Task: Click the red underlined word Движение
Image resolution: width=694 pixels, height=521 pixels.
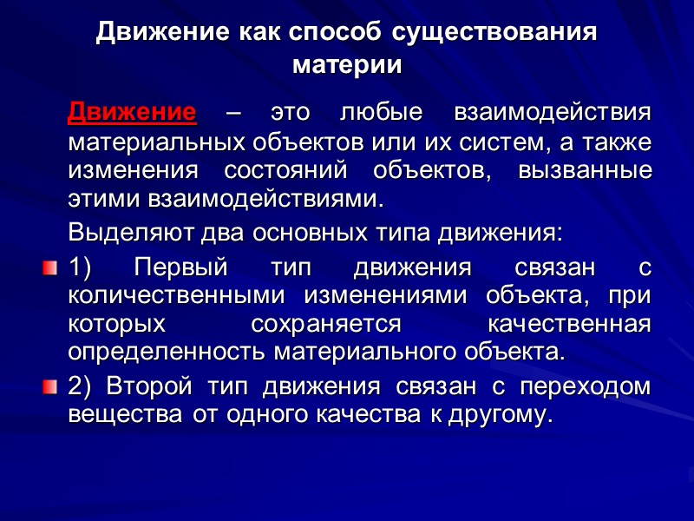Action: click(132, 113)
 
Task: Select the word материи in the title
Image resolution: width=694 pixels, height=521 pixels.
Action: click(347, 65)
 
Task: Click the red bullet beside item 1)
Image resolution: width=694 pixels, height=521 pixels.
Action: click(49, 265)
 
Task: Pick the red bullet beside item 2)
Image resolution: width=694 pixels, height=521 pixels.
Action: click(49, 385)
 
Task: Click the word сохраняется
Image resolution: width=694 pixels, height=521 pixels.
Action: click(326, 324)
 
